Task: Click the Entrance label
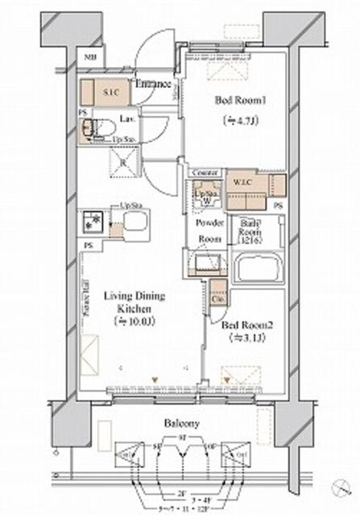(150, 85)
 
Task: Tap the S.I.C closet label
(110, 93)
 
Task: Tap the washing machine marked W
(206, 196)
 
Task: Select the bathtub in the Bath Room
(257, 268)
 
